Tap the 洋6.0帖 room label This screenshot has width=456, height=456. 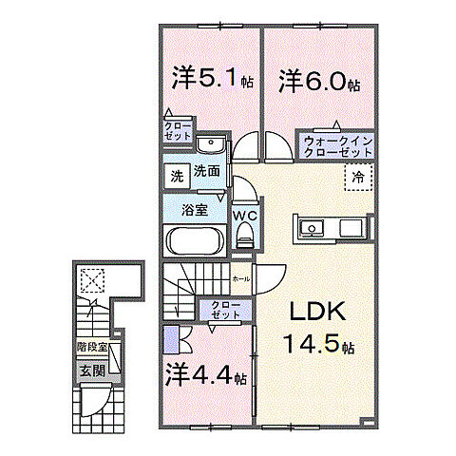tap(318, 81)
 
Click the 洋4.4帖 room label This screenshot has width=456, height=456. tap(206, 375)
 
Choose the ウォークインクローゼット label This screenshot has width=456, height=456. tap(339, 146)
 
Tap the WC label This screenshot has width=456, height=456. tap(245, 215)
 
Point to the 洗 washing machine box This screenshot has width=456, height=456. tap(176, 176)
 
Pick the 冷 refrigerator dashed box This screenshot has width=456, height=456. tap(358, 177)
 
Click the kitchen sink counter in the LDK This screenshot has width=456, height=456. tap(329, 230)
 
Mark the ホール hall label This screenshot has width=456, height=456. tap(241, 279)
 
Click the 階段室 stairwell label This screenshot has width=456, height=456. tap(91, 349)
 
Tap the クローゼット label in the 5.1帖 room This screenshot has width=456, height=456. tap(180, 131)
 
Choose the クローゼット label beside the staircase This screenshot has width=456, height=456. tap(226, 310)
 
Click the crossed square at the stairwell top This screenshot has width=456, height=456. tap(93, 278)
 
